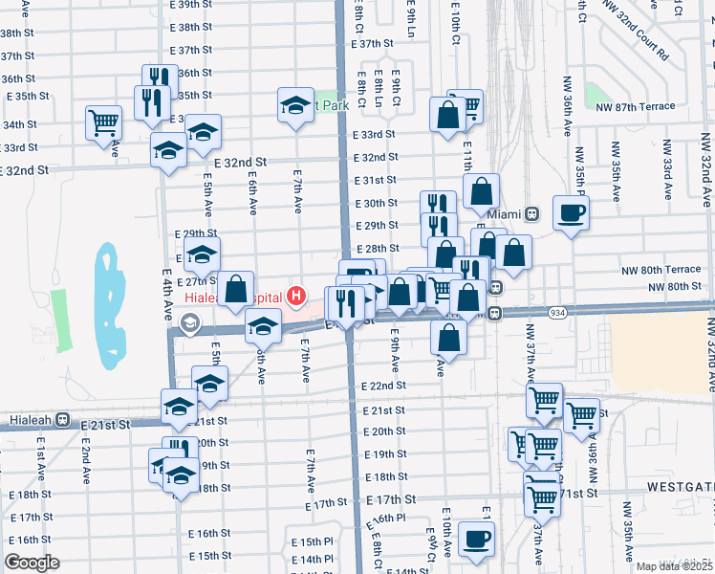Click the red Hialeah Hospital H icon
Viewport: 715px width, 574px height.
297,297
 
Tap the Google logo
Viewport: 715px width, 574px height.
32,563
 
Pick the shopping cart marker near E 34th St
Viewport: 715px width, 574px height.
103,121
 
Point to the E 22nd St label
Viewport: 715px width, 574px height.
383,386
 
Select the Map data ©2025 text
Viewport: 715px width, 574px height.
674,566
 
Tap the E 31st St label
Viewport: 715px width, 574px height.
375,180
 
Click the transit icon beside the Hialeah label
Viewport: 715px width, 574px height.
63,419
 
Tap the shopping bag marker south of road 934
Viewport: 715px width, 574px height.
448,337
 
